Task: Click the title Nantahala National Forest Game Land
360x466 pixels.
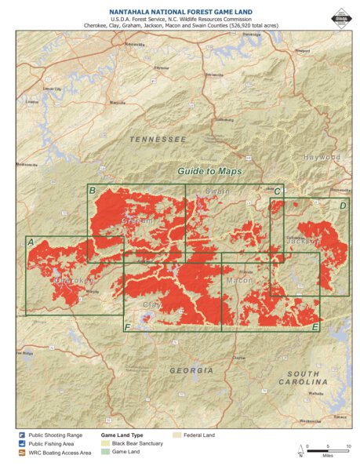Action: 180,9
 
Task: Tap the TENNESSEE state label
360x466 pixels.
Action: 158,139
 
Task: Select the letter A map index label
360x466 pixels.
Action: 30,242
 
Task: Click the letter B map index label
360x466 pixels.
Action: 93,191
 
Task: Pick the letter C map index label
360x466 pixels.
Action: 277,191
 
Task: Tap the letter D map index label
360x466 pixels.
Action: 343,205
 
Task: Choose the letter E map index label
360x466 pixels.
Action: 315,326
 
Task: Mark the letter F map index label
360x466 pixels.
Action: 128,326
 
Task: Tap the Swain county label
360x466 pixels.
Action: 217,191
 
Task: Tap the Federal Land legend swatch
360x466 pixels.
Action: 176,434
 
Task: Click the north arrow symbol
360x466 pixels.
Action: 300,450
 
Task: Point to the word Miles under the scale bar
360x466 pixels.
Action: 326,454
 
